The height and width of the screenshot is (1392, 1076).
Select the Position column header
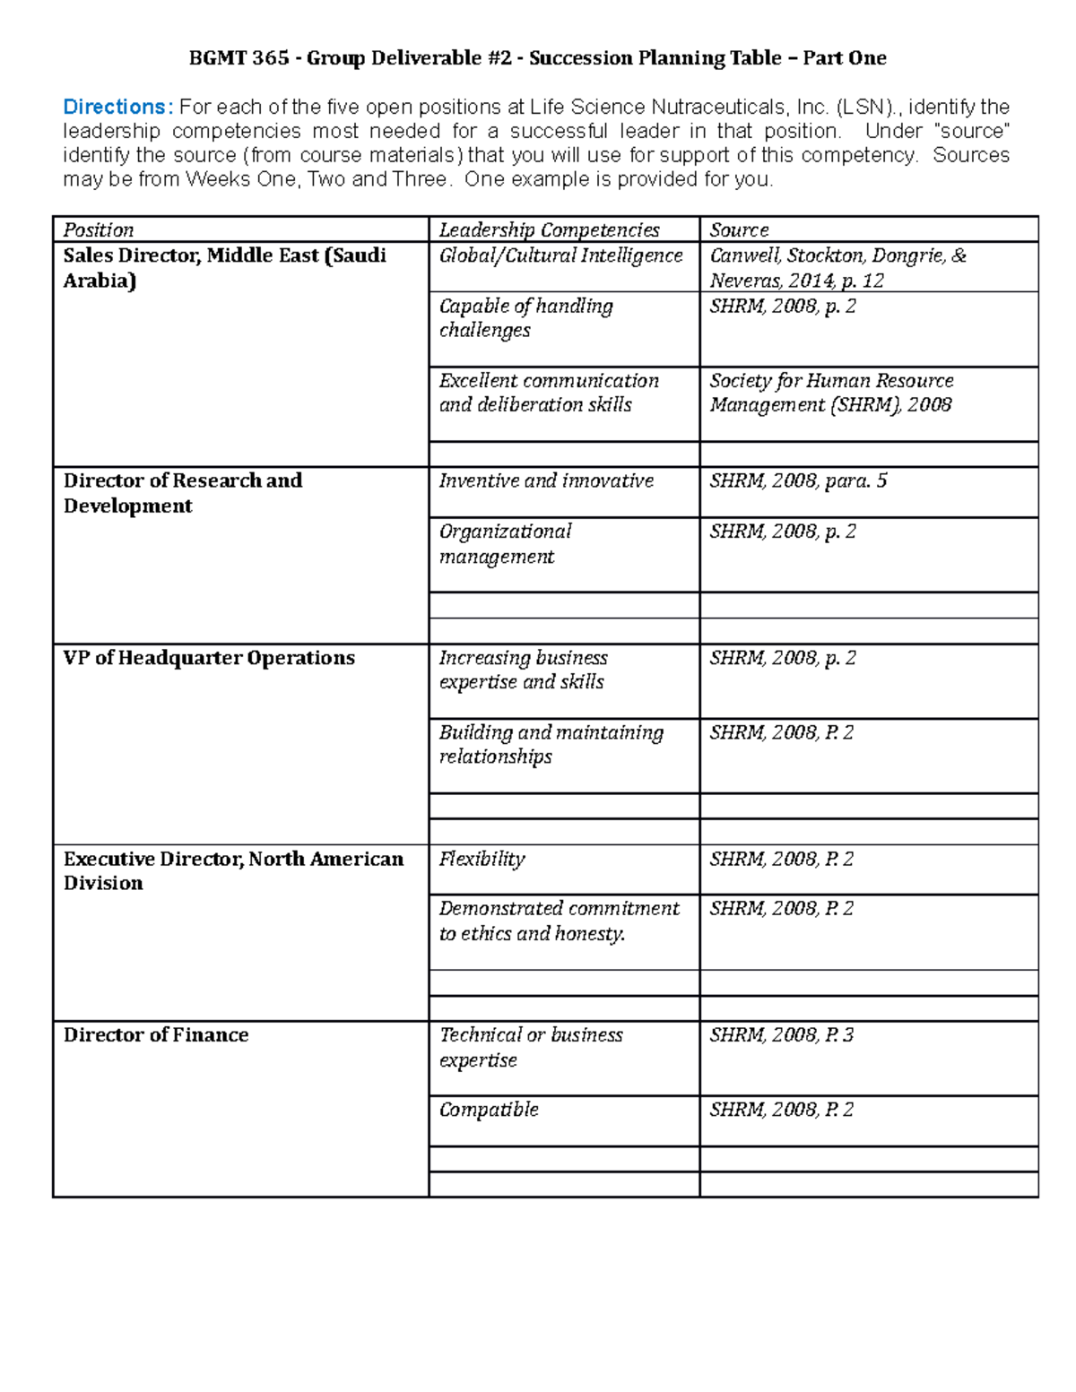(x=99, y=230)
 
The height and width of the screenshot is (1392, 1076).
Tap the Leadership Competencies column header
(x=549, y=230)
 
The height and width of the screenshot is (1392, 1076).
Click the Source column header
(x=739, y=230)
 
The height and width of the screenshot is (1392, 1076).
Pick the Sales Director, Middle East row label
(x=224, y=268)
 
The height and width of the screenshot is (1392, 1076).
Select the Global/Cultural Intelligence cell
(x=560, y=256)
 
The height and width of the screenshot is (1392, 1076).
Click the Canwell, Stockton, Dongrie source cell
(x=837, y=268)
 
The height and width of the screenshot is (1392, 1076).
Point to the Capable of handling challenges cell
(x=525, y=318)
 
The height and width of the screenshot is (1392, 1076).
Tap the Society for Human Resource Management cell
(x=831, y=393)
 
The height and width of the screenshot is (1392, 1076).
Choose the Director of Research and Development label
(x=183, y=493)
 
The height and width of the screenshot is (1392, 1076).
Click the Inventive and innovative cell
(x=546, y=481)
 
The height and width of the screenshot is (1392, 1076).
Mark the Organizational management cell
(x=505, y=544)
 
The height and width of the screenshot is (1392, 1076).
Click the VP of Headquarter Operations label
(x=209, y=658)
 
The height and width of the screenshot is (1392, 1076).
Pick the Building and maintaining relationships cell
(x=551, y=745)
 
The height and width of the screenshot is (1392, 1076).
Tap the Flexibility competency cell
(x=482, y=860)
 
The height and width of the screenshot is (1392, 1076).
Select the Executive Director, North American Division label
(x=233, y=871)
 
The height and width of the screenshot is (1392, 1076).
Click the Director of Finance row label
(x=156, y=1035)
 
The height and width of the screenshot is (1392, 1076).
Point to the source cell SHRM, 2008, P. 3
(x=781, y=1035)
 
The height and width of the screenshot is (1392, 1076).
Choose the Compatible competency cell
(x=489, y=1110)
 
